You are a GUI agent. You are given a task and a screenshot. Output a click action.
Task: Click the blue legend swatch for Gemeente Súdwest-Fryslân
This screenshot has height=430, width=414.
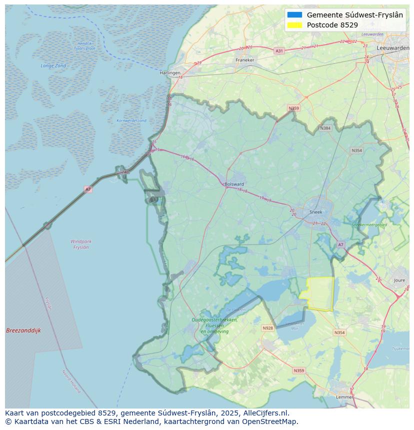coord(295,15)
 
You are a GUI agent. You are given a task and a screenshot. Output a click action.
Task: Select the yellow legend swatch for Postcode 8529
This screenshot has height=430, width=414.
coord(295,25)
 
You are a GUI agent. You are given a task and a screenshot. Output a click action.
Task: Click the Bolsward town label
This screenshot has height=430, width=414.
coord(234,184)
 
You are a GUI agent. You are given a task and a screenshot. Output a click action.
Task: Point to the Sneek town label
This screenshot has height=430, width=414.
coord(316,212)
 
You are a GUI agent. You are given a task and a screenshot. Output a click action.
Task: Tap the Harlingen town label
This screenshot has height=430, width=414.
coord(170,73)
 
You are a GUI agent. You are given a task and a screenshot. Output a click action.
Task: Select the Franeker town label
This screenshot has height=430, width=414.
coord(245,60)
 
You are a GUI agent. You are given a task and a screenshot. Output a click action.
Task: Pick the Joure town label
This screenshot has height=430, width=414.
coord(399,281)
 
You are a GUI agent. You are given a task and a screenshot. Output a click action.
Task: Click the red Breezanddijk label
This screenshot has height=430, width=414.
coord(23,331)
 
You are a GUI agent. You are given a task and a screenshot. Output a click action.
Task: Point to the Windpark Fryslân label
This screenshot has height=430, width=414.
coord(80,244)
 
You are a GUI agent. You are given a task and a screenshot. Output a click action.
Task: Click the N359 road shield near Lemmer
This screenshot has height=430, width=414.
coord(298,371)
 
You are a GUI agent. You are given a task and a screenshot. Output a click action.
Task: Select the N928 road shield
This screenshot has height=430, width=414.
coord(267,328)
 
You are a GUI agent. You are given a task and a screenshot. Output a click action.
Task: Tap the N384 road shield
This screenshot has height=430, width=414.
coord(325,128)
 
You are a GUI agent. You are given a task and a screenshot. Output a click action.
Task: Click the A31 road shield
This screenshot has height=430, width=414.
coord(279,51)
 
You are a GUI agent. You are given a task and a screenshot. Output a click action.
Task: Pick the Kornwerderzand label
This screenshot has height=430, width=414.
coord(131,121)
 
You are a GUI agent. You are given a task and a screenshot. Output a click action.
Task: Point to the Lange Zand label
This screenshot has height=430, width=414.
coord(53,66)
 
